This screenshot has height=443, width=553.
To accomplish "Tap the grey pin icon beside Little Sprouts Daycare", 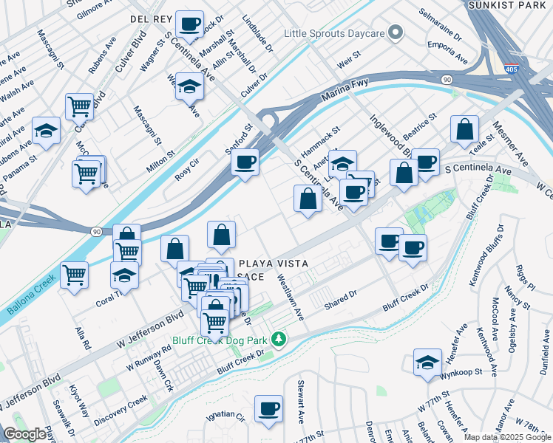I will coord(396,32).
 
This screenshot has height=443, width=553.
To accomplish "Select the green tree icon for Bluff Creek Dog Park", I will coord(279,340).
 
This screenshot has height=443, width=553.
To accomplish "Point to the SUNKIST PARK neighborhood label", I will coord(509,5).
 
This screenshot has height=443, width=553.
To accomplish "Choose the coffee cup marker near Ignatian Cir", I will coord(268,408).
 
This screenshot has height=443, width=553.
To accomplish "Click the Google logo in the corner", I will coord(24,434).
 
